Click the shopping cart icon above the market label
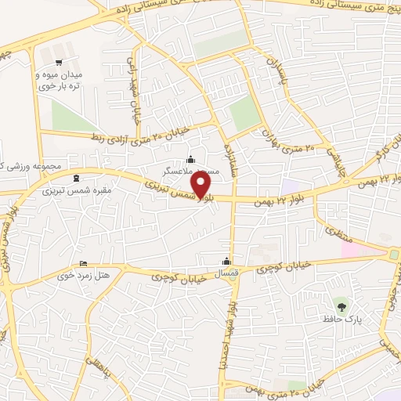pos(58,62)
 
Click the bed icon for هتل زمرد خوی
pos(84,264)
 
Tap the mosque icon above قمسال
pos(227,261)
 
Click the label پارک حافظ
pos(340,319)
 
